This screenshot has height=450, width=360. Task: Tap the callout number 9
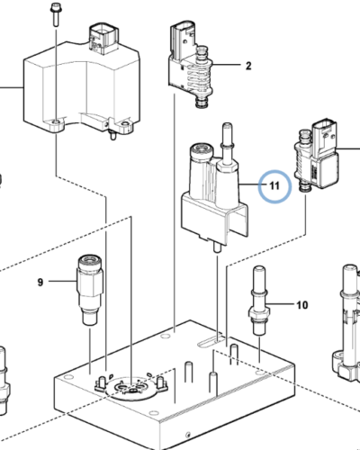tap(40, 283)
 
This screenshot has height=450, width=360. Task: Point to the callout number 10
tap(301, 305)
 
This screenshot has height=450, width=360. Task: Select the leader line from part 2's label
tap(230, 66)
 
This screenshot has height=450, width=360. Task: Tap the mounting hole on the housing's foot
tap(58, 120)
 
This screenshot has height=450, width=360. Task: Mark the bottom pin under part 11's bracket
tap(220, 245)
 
